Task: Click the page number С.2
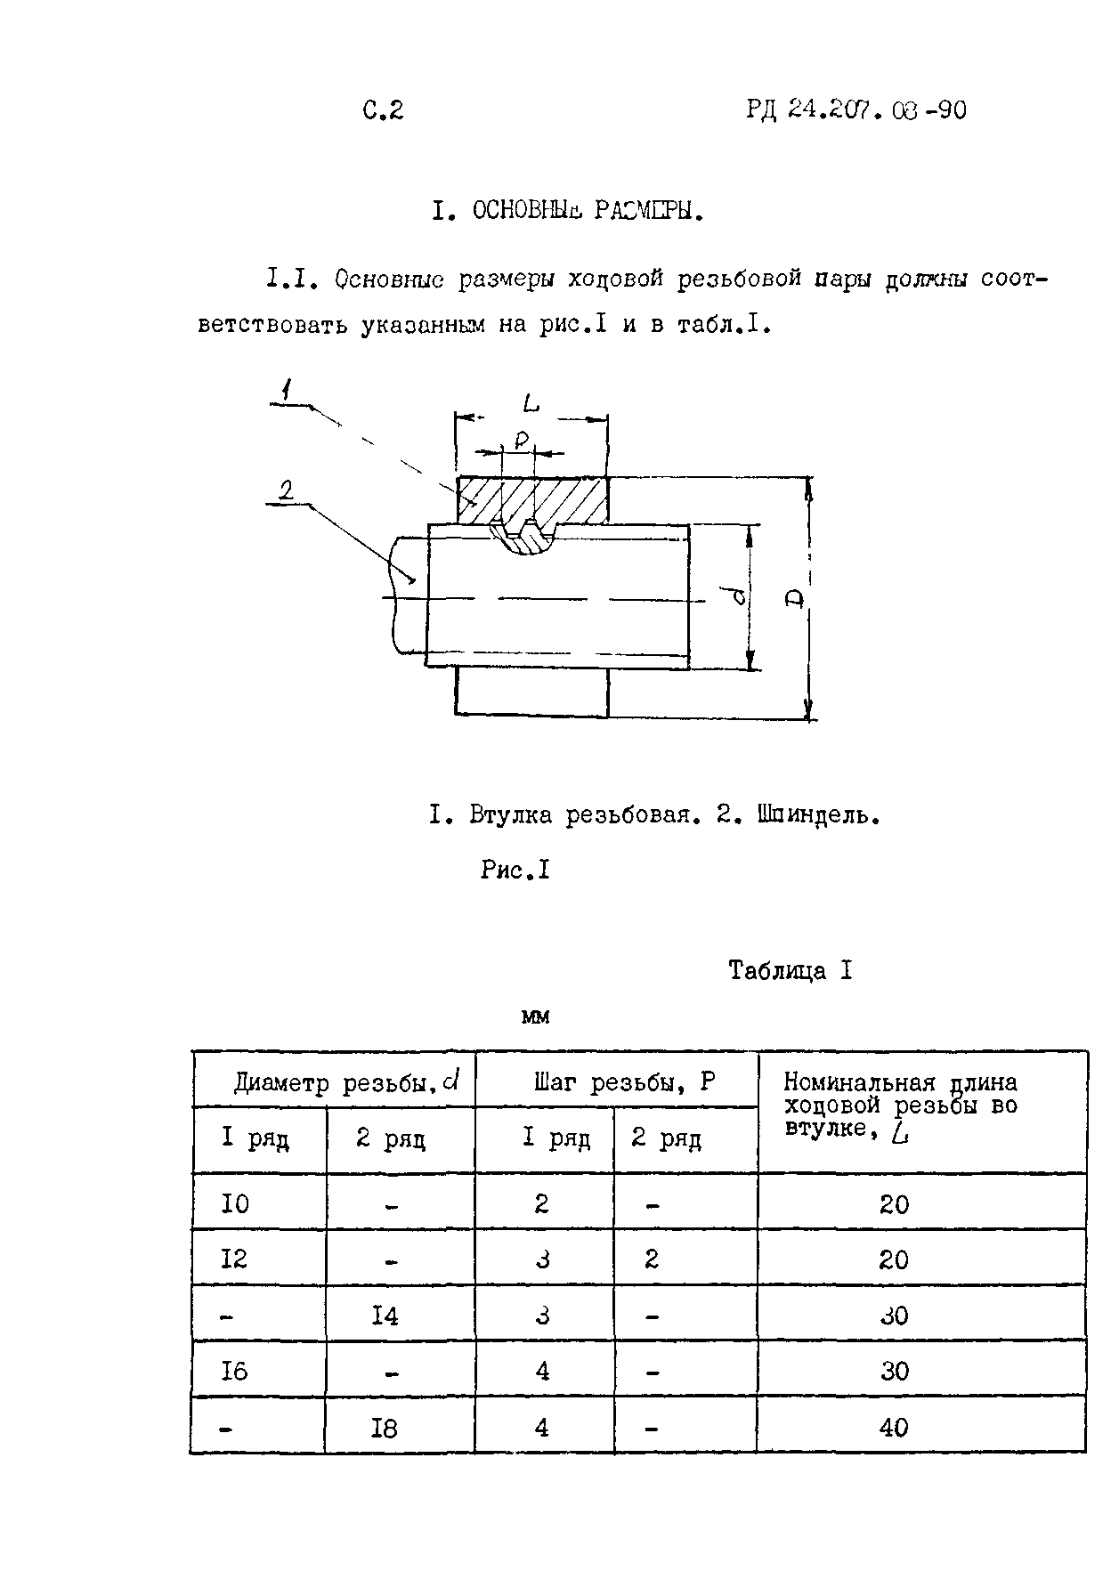(383, 110)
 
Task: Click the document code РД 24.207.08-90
(855, 110)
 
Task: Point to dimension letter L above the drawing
(531, 404)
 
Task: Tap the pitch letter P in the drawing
(522, 441)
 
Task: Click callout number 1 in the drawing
(285, 390)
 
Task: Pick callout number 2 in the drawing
(287, 490)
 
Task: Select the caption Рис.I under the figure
(515, 870)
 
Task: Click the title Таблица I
(790, 970)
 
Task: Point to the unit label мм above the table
(535, 1016)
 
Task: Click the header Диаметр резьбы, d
(346, 1082)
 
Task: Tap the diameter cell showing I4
(385, 1315)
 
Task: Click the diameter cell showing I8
(385, 1428)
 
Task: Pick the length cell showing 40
(893, 1428)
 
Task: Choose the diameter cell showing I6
(235, 1372)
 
